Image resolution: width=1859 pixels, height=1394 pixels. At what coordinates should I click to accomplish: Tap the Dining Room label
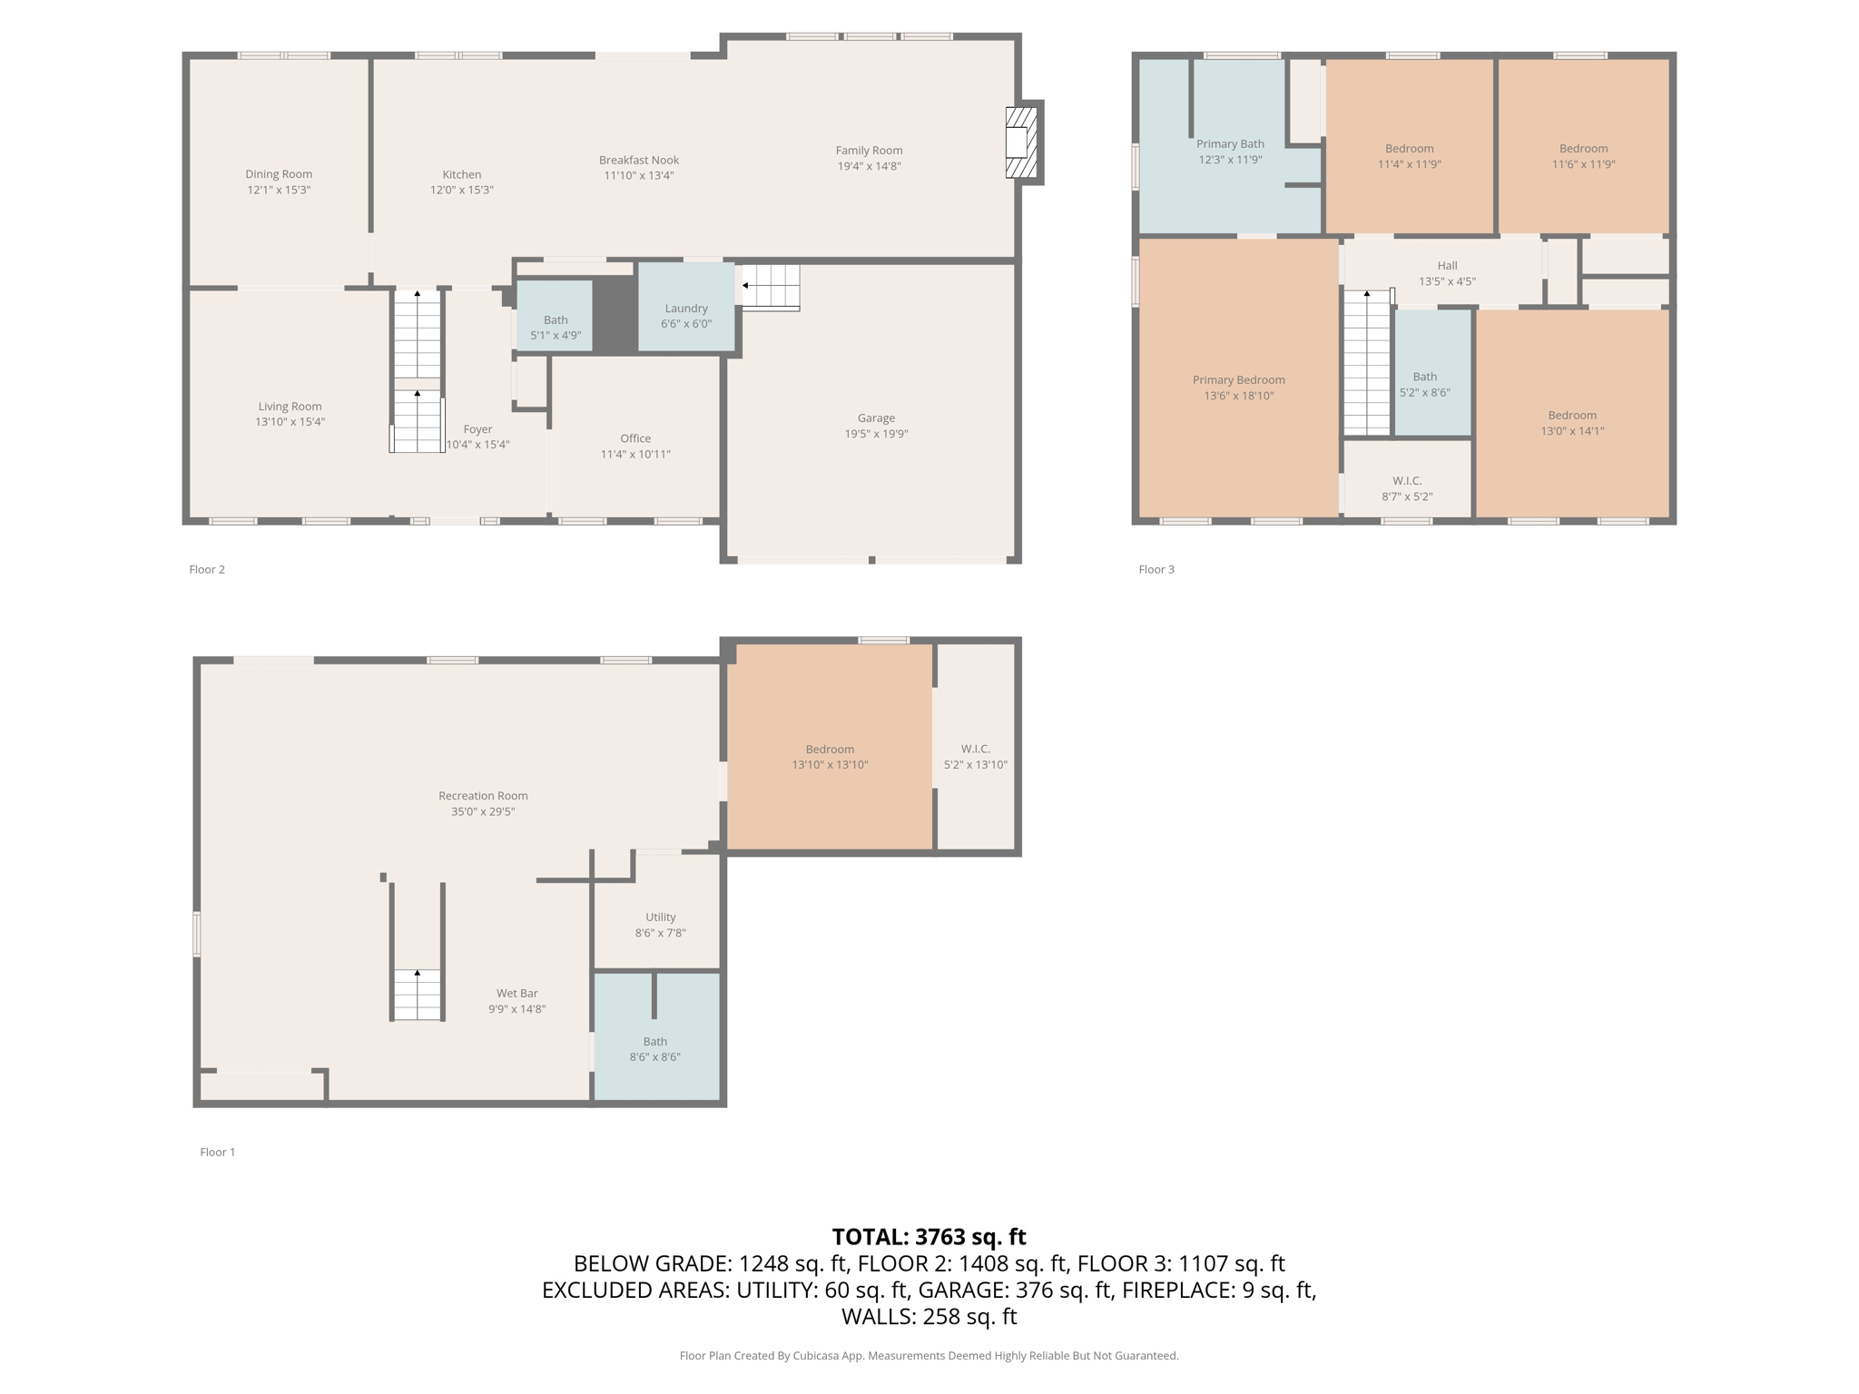pos(279,174)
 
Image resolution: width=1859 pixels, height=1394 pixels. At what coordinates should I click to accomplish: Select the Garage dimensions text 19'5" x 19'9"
pos(876,434)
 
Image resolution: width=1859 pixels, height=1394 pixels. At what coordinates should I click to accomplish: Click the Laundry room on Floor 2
pos(686,307)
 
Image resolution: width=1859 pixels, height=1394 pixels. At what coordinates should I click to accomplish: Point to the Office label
pos(635,438)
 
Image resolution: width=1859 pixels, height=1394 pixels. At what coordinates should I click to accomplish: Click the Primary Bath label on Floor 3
pos(1230,143)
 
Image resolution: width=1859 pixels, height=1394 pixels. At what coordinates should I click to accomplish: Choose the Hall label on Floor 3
pos(1447,266)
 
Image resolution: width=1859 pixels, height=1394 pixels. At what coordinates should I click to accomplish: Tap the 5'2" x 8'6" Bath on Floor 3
pos(1432,372)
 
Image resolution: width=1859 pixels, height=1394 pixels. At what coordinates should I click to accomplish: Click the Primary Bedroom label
pos(1239,380)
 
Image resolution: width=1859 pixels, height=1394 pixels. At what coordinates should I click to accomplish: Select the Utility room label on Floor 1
pos(661,918)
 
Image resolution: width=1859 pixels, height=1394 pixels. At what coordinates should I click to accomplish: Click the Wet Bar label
pos(517,994)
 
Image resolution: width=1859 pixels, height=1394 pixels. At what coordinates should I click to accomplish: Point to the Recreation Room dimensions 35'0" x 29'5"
pos(483,811)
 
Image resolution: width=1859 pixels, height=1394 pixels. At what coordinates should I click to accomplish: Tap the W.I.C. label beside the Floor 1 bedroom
pos(976,749)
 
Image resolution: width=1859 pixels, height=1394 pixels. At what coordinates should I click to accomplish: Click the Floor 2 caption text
pos(207,569)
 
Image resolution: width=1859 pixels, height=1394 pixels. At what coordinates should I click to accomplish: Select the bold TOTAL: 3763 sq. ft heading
pos(929,1237)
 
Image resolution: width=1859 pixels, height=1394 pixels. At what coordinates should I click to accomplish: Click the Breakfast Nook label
pos(639,161)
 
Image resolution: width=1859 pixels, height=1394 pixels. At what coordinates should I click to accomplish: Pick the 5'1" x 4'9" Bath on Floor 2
pos(555,315)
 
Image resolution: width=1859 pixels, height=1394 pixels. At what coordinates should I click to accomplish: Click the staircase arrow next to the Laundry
pos(745,285)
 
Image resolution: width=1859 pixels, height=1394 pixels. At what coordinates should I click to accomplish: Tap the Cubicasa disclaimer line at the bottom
pos(929,1356)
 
